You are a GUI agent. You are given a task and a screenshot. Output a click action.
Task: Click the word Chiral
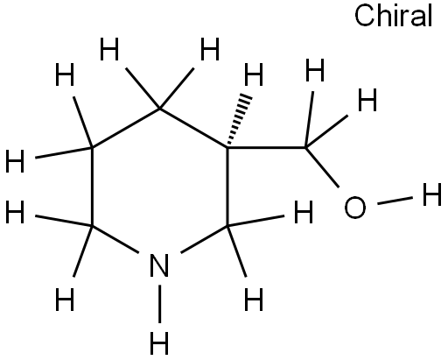tap(393, 16)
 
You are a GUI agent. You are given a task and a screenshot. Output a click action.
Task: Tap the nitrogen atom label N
tap(159, 265)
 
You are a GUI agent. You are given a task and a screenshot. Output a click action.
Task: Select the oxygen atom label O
tap(354, 208)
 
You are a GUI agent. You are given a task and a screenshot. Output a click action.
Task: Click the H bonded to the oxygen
tap(432, 194)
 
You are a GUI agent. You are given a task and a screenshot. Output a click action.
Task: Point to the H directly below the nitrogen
tap(159, 342)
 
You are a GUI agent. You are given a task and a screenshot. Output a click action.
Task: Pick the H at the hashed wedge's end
tap(254, 74)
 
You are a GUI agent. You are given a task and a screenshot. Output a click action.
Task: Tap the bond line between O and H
tap(395, 201)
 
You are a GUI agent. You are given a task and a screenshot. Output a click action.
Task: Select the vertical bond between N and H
tap(159, 304)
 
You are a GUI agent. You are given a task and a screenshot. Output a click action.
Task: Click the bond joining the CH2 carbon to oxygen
tap(322, 167)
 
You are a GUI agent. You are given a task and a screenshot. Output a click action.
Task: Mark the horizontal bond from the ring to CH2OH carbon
tap(266, 148)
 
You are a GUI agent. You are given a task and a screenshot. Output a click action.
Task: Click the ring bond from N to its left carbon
tap(115, 239)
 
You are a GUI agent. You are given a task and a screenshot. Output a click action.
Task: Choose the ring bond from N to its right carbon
tap(204, 239)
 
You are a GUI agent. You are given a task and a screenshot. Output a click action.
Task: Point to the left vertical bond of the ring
tap(92, 187)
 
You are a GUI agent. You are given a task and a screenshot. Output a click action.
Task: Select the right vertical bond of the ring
tap(227, 187)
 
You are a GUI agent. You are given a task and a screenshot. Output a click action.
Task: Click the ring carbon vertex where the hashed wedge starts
tap(227, 148)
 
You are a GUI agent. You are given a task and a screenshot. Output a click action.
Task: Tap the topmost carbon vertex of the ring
tap(160, 109)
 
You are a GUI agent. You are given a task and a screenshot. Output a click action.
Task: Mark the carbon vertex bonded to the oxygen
tap(305, 148)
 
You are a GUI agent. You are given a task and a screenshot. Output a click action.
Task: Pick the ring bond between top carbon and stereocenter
tap(193, 129)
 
